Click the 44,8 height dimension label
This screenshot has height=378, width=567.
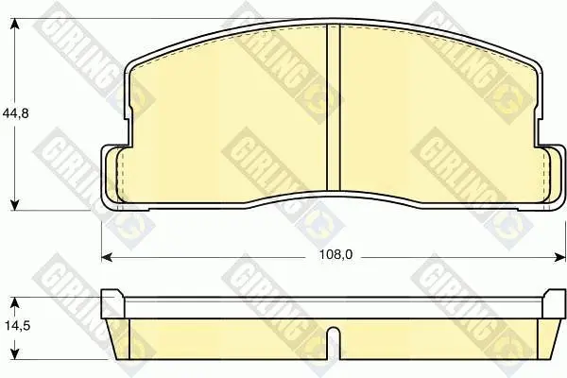point(15,113)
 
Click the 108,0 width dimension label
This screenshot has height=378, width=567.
point(335,255)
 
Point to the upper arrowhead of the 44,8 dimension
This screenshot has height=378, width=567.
point(14,25)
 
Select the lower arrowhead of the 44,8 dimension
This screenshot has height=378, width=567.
point(14,204)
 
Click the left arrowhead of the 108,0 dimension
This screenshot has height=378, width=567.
point(107,257)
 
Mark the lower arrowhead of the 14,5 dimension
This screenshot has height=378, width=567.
point(14,356)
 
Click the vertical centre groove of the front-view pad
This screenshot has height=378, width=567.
point(334,108)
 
